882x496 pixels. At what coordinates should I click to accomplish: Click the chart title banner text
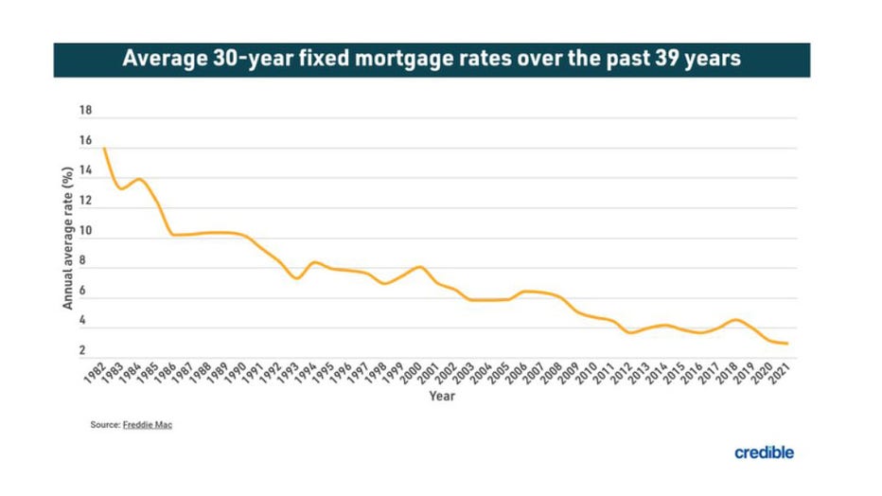[x=431, y=60]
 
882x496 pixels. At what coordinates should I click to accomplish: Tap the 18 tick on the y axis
[x=85, y=111]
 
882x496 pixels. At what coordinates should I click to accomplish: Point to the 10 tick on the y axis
[x=85, y=231]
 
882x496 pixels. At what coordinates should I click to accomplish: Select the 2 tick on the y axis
[x=83, y=351]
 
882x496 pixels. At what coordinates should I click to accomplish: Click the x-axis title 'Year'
[x=441, y=396]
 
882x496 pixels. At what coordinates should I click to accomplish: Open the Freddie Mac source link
[x=148, y=425]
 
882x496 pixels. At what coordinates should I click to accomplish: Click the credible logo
[x=764, y=452]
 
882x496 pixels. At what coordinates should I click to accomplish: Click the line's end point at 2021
[x=787, y=344]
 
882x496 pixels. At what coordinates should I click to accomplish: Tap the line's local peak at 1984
[x=139, y=179]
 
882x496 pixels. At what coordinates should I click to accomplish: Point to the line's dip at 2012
[x=630, y=333]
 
